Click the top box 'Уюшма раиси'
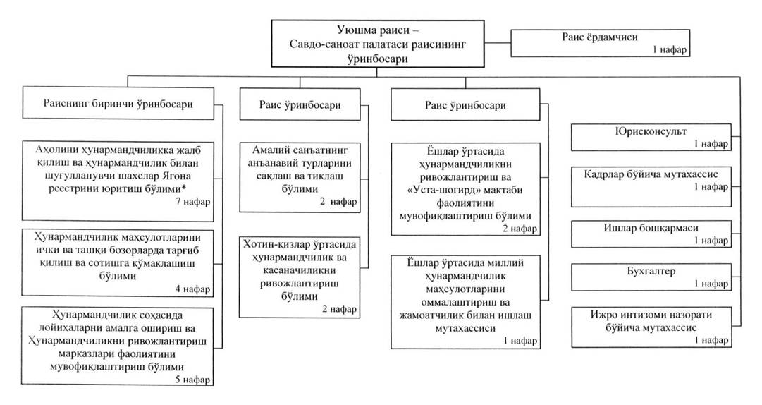[378, 43]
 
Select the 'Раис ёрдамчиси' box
[600, 43]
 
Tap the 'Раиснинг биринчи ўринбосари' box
[118, 103]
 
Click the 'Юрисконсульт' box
[651, 137]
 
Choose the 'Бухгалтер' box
[651, 277]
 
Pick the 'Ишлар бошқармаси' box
[651, 234]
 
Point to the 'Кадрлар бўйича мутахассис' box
[651, 187]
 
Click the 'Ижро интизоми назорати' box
[651, 327]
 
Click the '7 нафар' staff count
[193, 201]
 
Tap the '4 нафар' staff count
[193, 289]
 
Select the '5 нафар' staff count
[193, 380]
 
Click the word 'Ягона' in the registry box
[177, 176]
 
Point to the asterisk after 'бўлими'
[184, 187]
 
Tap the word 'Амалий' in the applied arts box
[270, 150]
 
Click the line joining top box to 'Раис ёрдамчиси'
[498, 43]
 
